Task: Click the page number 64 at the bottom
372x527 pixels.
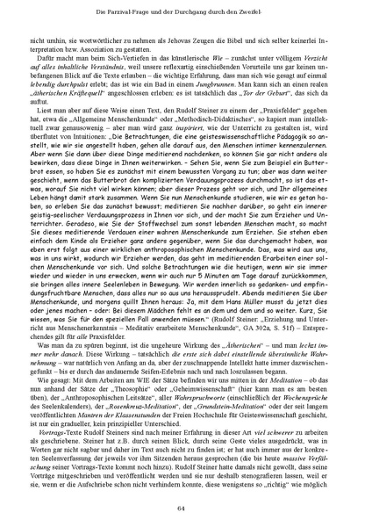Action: point(185,507)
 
